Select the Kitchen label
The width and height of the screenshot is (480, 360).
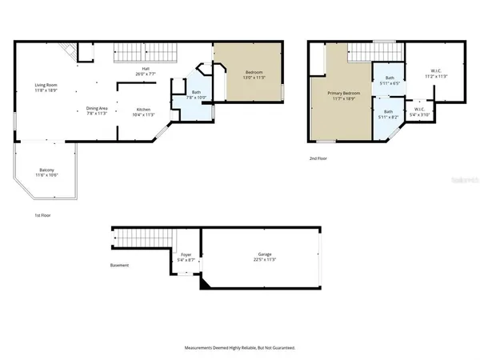143,111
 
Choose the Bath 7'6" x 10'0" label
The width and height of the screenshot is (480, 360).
196,94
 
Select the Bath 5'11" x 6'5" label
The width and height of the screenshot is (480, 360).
390,80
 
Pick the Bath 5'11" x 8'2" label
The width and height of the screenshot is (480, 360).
388,114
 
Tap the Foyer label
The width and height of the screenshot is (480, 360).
186,258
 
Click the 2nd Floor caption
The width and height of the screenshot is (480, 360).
318,158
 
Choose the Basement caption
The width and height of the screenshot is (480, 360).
119,266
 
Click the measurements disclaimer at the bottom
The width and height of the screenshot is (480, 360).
240,349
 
